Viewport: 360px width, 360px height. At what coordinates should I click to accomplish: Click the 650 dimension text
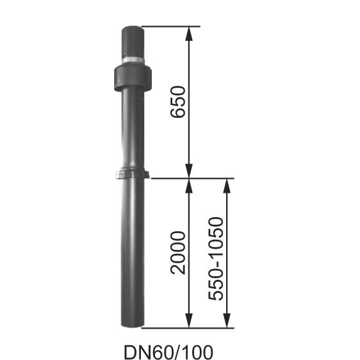pos(179,102)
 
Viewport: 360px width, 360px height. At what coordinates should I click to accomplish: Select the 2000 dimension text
pos(179,252)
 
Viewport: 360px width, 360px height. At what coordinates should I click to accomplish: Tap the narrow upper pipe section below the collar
pos(133,128)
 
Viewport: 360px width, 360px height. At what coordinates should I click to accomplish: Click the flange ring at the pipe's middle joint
pos(133,174)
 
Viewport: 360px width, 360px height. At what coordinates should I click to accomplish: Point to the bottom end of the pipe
pos(133,323)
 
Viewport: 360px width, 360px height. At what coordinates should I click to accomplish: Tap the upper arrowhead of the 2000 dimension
pos(189,186)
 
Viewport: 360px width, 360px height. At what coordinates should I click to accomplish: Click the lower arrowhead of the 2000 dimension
pos(189,320)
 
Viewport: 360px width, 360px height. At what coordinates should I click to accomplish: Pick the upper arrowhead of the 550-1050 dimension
pos(226,186)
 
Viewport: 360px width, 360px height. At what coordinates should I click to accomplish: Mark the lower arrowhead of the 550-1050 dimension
pos(226,320)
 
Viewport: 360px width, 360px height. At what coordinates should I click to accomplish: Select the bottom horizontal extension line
pos(192,327)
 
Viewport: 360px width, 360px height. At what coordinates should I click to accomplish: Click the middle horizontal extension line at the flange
pos(192,178)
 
